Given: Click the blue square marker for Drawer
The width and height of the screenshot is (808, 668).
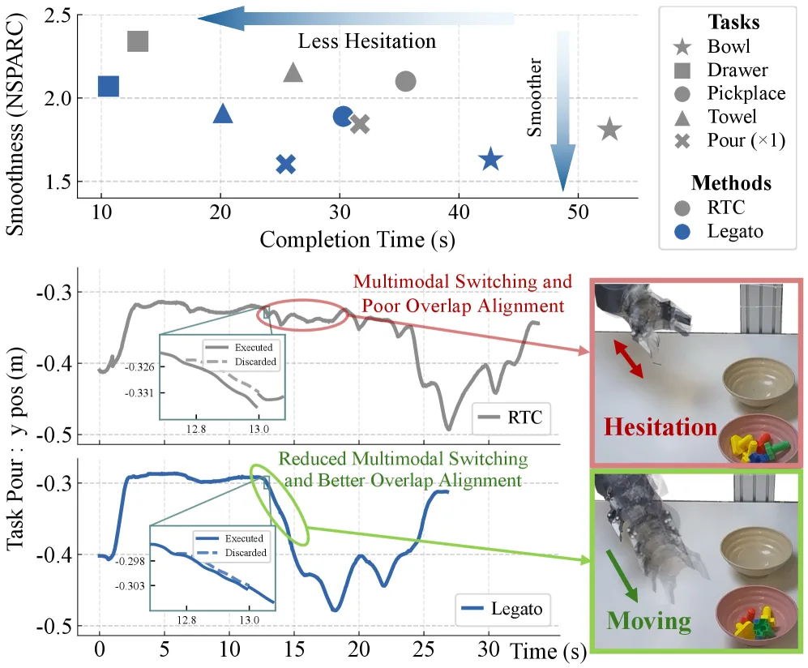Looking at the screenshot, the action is click(109, 86).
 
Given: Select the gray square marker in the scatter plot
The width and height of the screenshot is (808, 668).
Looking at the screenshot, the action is click(138, 41).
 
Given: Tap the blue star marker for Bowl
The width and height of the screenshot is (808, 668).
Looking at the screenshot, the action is click(490, 159).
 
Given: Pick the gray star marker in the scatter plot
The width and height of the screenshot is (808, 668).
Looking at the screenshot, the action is click(609, 129).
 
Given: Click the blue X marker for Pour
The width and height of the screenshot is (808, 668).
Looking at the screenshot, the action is click(285, 165).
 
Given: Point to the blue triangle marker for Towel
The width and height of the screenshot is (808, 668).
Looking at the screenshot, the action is click(223, 113).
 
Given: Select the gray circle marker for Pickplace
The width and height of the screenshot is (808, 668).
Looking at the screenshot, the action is click(405, 81).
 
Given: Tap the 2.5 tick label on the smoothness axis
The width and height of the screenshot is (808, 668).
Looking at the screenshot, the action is click(58, 16).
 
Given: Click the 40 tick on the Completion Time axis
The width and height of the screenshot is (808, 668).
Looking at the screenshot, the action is click(459, 212).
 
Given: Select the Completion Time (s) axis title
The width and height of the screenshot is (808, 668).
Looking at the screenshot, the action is click(357, 240).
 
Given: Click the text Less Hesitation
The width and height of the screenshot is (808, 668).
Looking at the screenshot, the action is click(367, 41).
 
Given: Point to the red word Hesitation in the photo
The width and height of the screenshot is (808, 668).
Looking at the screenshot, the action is click(661, 427).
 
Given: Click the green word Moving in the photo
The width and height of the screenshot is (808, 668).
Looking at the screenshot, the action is click(649, 621).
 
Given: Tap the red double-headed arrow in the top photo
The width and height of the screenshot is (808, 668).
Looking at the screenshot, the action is click(628, 359).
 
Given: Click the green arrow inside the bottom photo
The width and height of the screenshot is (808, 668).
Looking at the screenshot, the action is click(622, 576).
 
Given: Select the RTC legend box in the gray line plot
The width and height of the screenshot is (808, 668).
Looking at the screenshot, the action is click(511, 417).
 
